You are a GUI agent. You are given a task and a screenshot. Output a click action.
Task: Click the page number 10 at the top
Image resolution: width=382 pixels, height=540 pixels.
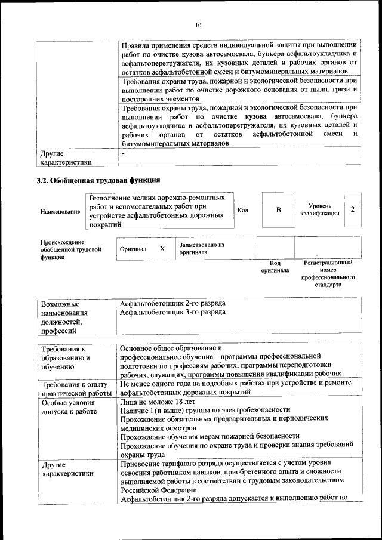[198, 25]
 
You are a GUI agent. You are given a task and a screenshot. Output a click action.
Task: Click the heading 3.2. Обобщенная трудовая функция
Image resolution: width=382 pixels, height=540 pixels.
[98, 180]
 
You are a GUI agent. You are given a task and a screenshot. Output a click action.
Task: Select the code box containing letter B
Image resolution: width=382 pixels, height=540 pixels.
[278, 210]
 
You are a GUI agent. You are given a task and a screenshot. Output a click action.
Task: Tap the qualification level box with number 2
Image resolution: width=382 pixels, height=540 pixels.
[352, 209]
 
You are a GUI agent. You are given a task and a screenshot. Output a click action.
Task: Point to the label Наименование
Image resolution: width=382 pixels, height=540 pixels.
[60, 212]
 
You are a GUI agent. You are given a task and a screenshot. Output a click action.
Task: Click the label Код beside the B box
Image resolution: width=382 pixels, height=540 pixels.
[243, 210]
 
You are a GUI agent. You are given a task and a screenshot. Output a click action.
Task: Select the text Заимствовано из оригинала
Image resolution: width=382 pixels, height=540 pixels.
[201, 248]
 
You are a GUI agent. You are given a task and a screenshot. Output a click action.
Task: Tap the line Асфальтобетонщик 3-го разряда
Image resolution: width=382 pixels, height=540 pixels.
[172, 312]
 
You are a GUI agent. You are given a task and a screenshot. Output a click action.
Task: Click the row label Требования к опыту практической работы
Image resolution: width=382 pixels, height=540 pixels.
[75, 388]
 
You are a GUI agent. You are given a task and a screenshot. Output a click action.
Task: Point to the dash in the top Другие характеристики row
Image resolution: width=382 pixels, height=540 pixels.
[122, 153]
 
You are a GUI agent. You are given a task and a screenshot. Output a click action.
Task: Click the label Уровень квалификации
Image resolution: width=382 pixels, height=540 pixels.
[320, 209]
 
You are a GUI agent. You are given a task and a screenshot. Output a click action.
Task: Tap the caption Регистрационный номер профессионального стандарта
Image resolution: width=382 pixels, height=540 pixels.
[328, 273]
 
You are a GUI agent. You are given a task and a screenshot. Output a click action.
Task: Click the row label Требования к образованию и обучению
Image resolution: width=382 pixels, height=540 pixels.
[65, 358]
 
